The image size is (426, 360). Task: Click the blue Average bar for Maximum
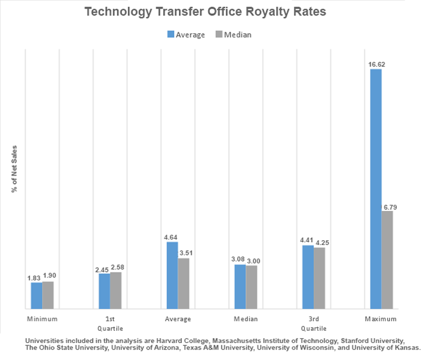point(375,189)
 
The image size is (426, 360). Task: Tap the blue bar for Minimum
point(37,296)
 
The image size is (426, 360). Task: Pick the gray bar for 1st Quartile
point(116,290)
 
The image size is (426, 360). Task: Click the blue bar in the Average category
point(172,275)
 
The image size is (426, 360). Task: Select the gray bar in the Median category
point(251,287)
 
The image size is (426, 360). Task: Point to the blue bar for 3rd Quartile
point(307,277)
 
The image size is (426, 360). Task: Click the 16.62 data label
point(375,63)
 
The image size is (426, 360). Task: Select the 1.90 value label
point(49,276)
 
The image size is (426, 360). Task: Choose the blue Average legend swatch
point(170,35)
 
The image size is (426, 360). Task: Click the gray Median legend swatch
point(218,35)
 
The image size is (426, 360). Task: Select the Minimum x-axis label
point(42,319)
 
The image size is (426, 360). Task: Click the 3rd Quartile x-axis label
point(313,323)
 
